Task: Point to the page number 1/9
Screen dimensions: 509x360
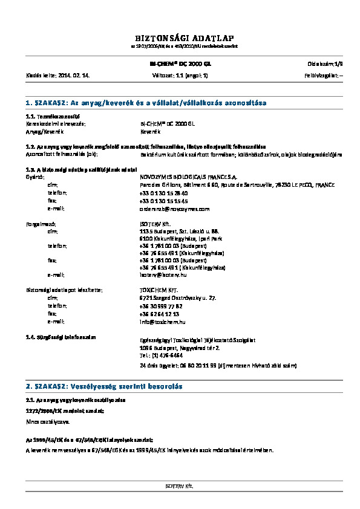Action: tap(338, 63)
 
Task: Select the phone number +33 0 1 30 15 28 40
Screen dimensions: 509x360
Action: tap(163, 192)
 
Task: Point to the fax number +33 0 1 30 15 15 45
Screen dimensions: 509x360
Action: tap(163, 200)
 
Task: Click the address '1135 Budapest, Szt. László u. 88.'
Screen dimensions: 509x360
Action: tap(175, 231)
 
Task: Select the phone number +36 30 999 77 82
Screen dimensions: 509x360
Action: tap(161, 306)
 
